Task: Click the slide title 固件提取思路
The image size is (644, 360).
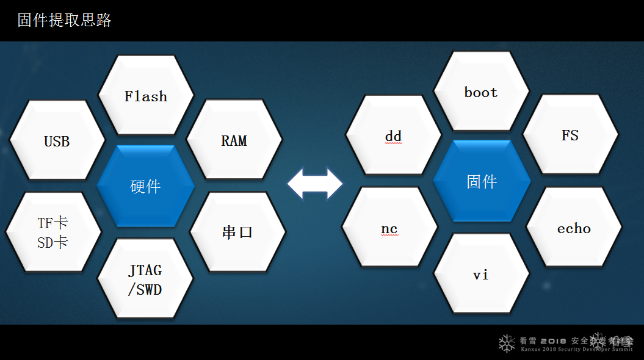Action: [65, 20]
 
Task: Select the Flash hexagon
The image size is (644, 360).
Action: [146, 95]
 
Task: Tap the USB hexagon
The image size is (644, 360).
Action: [57, 141]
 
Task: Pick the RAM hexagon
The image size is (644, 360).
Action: [234, 140]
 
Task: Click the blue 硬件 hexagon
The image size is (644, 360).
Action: [145, 186]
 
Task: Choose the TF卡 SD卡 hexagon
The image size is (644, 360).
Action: [53, 232]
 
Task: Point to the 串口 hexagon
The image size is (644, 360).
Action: [237, 232]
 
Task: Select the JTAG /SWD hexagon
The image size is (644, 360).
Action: [145, 279]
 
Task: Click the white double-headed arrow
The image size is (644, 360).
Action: [315, 183]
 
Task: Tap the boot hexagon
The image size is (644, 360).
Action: [481, 92]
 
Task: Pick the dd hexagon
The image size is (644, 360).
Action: [393, 135]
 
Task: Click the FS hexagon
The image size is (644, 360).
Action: [570, 135]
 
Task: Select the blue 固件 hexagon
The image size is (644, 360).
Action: [482, 181]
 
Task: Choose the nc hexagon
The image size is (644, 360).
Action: [389, 228]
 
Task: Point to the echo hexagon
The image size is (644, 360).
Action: [574, 228]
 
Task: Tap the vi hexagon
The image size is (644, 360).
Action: [481, 274]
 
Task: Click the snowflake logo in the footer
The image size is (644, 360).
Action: [507, 343]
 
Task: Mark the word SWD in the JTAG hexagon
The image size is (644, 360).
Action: [149, 289]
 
